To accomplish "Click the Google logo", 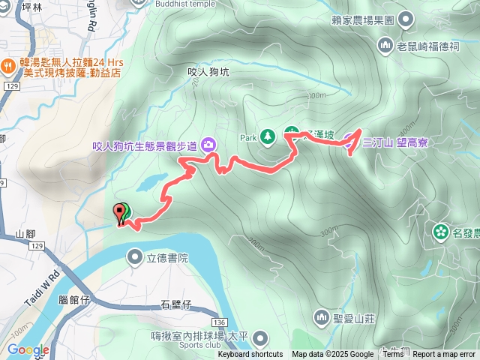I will pos(28,349).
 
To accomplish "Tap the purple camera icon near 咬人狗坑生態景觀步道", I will pos(207,145).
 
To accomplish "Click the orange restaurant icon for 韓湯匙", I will pos(7,64).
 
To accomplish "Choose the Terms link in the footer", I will pos(392,355).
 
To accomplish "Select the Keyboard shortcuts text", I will pos(250,355).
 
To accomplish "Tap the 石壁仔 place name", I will pos(178,304).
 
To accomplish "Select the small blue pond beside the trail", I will pos(152,182).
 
